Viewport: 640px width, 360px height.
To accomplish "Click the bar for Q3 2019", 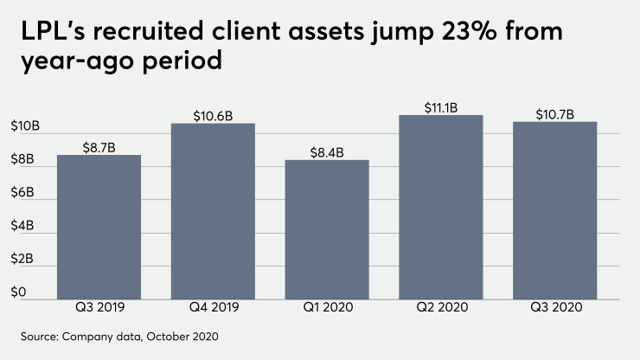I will (x=99, y=227).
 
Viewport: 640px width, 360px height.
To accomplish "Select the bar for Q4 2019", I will (x=213, y=211).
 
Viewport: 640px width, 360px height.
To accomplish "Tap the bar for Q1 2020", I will (x=327, y=229).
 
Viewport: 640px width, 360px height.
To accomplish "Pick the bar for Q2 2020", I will (x=441, y=207).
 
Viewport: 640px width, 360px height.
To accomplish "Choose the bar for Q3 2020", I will (x=555, y=210).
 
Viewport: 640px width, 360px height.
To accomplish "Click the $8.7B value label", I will (x=99, y=146).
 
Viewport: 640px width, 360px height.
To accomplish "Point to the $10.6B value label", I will (x=213, y=115).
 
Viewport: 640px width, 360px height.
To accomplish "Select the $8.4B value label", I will (x=327, y=151).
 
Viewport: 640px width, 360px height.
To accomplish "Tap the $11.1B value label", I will (x=441, y=107).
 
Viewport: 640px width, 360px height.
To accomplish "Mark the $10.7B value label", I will (x=555, y=113).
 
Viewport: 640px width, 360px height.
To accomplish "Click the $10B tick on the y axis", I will (x=24, y=126).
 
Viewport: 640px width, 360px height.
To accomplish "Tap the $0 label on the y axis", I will (x=18, y=292).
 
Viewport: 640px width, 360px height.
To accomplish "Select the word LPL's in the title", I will (x=48, y=33).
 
